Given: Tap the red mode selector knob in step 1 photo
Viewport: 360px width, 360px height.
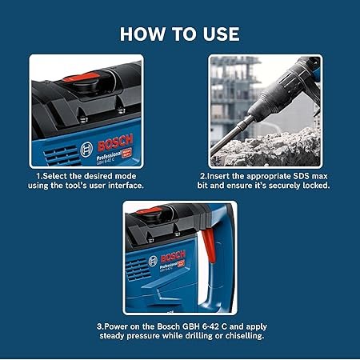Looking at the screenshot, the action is click(82, 77).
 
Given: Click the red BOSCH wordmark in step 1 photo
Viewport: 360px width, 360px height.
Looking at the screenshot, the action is click(115, 143).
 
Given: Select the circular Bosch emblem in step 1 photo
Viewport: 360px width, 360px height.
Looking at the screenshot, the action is click(86, 150).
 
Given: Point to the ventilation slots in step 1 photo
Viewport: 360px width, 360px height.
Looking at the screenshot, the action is click(62, 156).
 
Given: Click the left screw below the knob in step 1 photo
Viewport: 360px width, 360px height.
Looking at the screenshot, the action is click(83, 119).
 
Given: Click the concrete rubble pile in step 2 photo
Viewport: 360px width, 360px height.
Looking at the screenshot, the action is click(266, 150).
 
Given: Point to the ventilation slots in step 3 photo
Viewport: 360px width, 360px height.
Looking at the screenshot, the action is click(137, 270).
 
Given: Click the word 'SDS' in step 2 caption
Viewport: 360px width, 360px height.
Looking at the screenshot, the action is click(302, 176).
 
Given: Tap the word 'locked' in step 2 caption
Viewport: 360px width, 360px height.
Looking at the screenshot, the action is click(315, 186).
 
